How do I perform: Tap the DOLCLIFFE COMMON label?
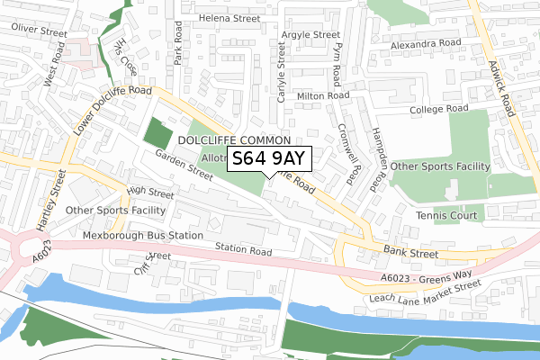coord(234,141)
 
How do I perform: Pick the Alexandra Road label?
coord(425,43)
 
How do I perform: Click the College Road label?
coord(440,109)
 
